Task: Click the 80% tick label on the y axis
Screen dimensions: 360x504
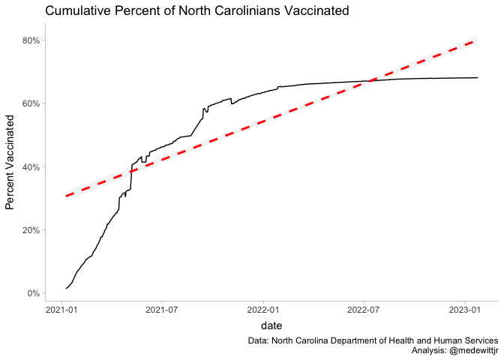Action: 30,40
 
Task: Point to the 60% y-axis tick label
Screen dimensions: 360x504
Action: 30,103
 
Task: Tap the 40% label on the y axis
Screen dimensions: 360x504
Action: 30,166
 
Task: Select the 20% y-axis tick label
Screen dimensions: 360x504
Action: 30,229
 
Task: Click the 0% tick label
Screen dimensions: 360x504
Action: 32,293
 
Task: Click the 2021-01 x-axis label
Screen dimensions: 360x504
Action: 62,308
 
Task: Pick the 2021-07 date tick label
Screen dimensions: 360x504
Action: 162,308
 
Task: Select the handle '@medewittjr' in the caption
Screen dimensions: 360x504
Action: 469,350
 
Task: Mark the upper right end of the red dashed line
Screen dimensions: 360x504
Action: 477,40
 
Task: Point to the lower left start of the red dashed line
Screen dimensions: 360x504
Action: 66,196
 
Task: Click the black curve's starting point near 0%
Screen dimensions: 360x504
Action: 66,288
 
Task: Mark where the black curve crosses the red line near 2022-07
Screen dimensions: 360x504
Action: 366,81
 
